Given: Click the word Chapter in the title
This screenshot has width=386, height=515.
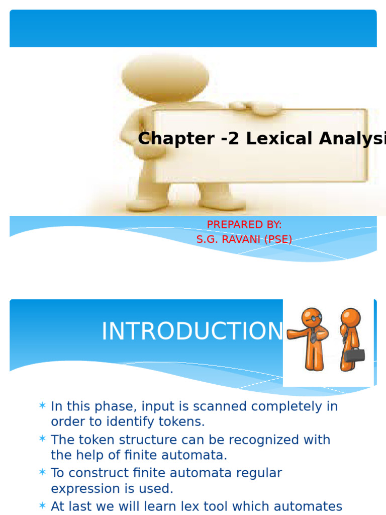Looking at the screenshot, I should pos(169,138).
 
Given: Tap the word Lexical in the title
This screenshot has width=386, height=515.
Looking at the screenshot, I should pos(275,138).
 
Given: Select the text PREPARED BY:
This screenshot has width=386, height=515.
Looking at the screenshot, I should pos(244,225).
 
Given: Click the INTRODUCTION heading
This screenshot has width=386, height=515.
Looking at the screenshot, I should pos(192,331).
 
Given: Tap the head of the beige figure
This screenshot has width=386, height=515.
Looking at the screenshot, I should pos(166,75).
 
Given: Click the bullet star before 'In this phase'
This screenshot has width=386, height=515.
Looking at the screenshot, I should pos(42,405).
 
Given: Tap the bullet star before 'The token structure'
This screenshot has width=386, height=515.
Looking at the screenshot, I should pos(42,439).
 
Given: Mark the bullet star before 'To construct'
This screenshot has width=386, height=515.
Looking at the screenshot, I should pos(42,472).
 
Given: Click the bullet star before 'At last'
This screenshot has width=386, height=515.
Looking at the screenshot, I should pos(42,505).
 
